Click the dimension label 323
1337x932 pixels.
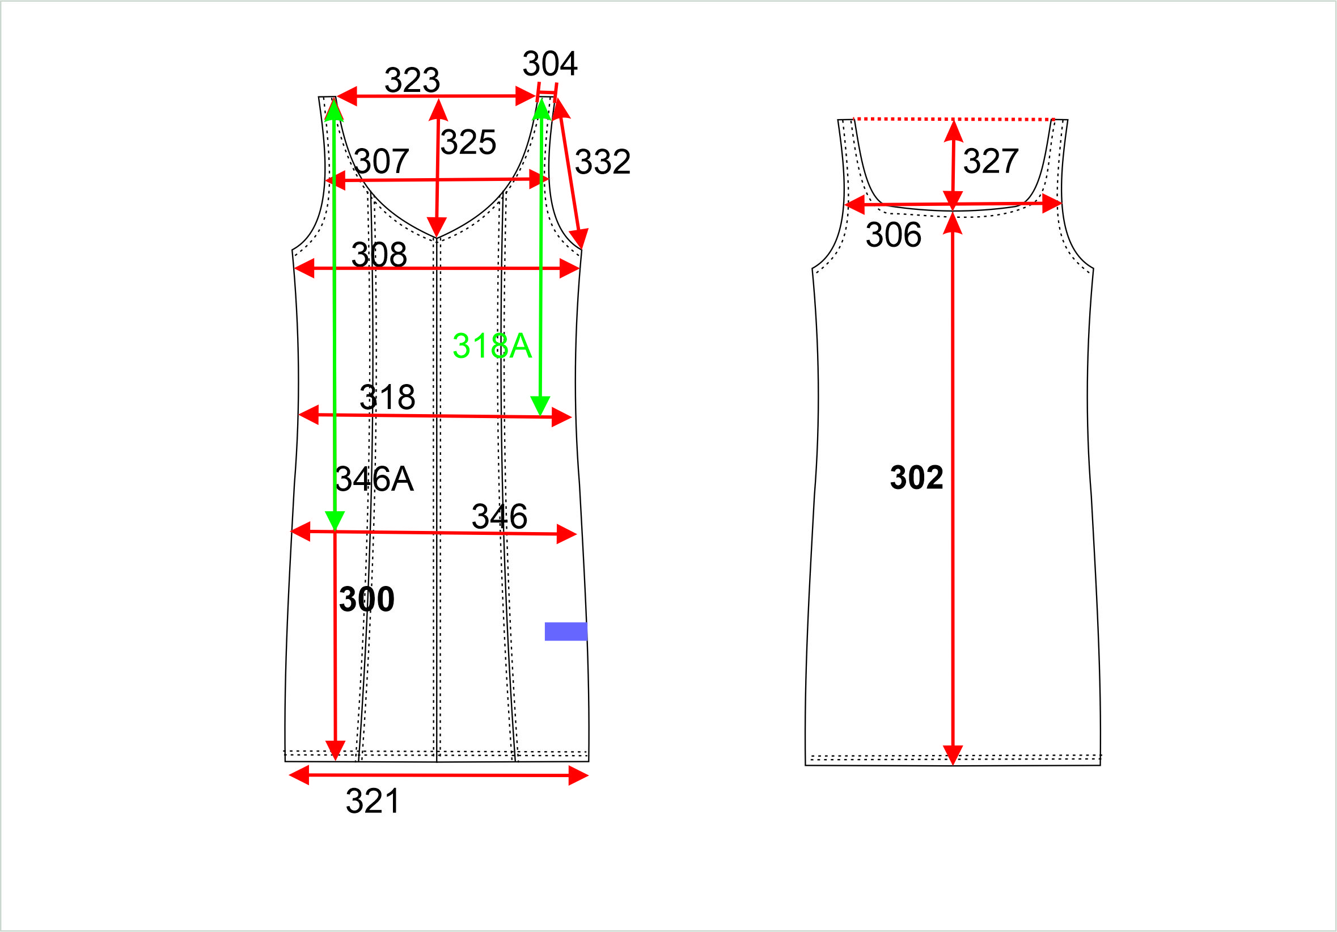[412, 80]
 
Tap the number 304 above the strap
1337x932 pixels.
[549, 64]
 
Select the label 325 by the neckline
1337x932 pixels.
[468, 142]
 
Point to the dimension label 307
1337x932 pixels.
[382, 161]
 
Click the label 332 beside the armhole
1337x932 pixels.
[603, 162]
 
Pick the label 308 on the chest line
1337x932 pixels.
[379, 255]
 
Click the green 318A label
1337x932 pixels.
[492, 345]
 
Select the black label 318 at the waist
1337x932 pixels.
[387, 397]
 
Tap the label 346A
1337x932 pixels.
[374, 479]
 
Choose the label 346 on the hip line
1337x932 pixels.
[500, 517]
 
